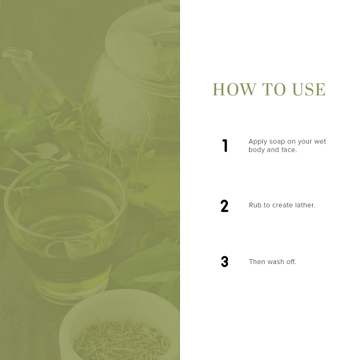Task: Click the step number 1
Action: click(225, 146)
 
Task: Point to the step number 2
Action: click(224, 206)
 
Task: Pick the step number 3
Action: click(224, 262)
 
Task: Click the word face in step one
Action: click(289, 149)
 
